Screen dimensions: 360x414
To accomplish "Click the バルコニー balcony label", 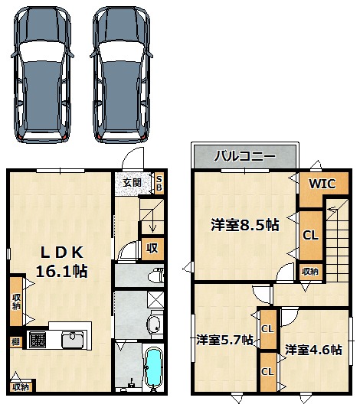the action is [x=244, y=156].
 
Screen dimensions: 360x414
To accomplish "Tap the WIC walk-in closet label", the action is [x=322, y=184].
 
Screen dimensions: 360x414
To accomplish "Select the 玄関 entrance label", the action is [x=133, y=182].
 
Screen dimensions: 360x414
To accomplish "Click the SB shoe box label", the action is [x=159, y=183].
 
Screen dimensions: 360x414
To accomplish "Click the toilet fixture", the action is [x=156, y=276].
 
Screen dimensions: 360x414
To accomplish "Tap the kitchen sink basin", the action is [x=72, y=340].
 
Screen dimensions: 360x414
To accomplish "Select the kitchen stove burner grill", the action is [x=38, y=340].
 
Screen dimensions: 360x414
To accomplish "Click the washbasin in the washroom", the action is [x=155, y=324].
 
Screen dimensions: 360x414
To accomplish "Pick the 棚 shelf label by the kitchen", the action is [x=15, y=342].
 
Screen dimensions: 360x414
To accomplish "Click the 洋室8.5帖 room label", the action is [x=245, y=225].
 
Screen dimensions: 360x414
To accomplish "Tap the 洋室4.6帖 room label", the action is [x=313, y=350].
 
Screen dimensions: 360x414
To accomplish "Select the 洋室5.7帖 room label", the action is [x=224, y=340].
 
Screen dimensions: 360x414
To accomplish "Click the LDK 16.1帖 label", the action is [x=61, y=262].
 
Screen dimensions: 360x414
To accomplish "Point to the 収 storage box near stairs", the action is [x=152, y=248].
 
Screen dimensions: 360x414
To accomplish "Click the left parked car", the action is [x=42, y=75].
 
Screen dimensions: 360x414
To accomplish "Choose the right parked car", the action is [x=121, y=75].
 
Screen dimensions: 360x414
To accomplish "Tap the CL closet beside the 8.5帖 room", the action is [x=310, y=235].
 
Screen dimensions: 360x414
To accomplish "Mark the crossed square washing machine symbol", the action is [x=155, y=300].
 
